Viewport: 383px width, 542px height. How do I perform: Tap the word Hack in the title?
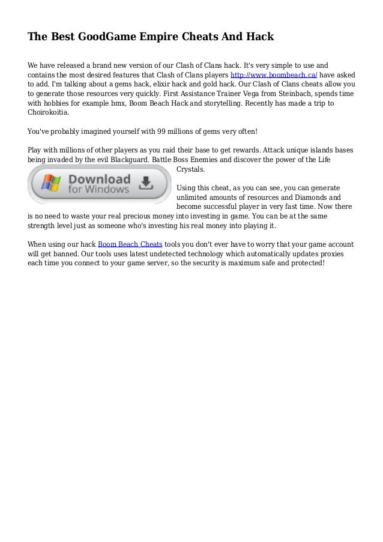pyautogui.click(x=260, y=37)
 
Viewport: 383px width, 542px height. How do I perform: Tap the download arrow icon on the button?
pyautogui.click(x=146, y=184)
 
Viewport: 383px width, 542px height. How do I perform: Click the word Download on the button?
pyautogui.click(x=100, y=179)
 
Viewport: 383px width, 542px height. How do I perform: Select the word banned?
pyautogui.click(x=67, y=254)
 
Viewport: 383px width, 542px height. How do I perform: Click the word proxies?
pyautogui.click(x=340, y=254)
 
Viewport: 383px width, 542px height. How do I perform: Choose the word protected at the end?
pyautogui.click(x=307, y=263)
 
